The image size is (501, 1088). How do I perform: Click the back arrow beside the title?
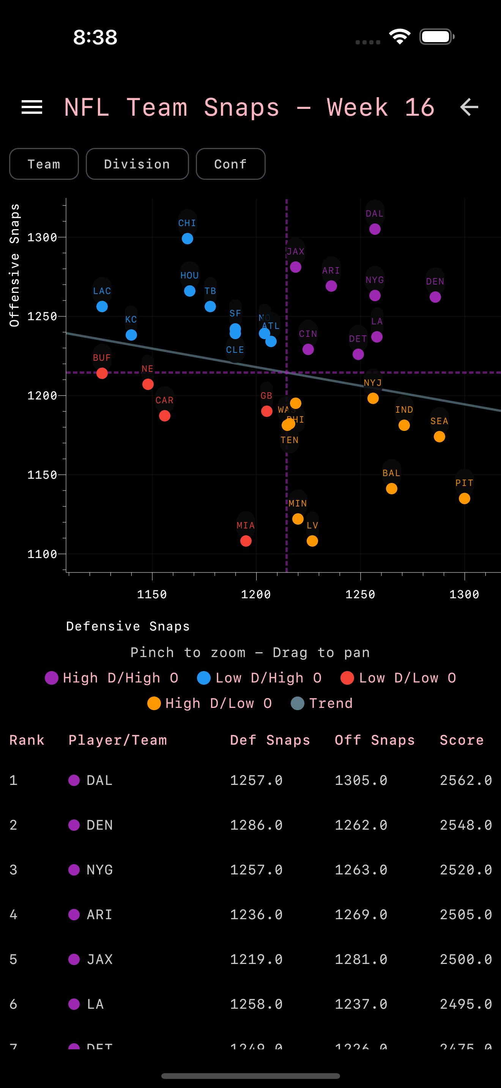(x=469, y=107)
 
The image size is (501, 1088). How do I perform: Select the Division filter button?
(x=137, y=164)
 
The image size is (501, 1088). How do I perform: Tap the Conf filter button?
(x=231, y=164)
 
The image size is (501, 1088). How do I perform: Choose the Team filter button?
(x=44, y=164)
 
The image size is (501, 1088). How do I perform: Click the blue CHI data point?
(x=187, y=239)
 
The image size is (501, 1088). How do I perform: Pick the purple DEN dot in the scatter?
(x=435, y=297)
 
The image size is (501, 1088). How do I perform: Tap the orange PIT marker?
(x=464, y=498)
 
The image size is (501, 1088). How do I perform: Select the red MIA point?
(x=246, y=541)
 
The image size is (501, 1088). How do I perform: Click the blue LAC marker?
(x=102, y=307)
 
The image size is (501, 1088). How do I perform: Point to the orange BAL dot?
(x=392, y=489)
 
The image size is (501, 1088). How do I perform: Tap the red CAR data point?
(x=165, y=416)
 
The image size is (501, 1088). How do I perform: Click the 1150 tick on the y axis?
(x=42, y=475)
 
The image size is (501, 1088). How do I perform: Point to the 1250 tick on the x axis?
(x=360, y=594)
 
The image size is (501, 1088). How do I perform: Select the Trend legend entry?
(x=322, y=703)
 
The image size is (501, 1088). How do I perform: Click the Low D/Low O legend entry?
(x=399, y=678)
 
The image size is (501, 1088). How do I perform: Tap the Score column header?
(x=461, y=740)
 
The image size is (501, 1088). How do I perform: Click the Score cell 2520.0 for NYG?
(x=466, y=869)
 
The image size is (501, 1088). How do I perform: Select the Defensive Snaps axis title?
(x=128, y=626)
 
